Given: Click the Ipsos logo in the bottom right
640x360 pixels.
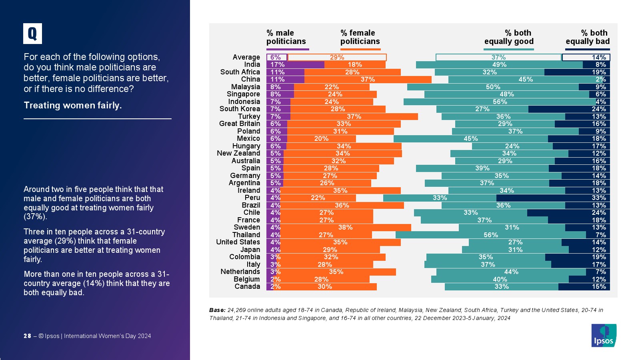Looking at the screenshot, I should [604, 335].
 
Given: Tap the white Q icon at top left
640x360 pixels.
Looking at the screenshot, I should [32, 34].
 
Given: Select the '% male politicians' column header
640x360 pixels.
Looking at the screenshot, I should [286, 37].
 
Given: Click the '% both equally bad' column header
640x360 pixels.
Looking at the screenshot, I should [588, 37].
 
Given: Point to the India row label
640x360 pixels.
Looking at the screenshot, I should [252, 65].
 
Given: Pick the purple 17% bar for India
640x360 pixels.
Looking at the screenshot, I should [295, 65].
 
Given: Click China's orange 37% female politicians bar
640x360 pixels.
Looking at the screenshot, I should [368, 80].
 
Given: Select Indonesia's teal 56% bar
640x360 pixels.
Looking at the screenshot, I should [500, 102].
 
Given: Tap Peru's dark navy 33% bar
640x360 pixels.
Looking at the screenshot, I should [553, 198].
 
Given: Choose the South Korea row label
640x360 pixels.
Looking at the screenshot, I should [240, 109].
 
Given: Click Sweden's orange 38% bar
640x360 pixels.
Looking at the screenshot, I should [346, 228].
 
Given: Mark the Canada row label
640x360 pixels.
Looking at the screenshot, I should [247, 287].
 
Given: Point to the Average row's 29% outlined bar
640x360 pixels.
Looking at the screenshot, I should [337, 58].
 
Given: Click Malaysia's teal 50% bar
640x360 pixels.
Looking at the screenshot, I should [493, 87].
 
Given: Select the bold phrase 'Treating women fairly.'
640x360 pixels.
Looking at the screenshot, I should [73, 106].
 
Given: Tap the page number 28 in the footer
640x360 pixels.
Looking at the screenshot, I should [27, 336].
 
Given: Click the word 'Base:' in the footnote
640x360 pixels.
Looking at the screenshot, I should [217, 310].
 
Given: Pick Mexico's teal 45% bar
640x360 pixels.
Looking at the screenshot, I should [470, 139].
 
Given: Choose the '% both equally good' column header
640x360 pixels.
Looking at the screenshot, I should [509, 37].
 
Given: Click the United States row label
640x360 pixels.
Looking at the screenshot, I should [238, 242].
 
